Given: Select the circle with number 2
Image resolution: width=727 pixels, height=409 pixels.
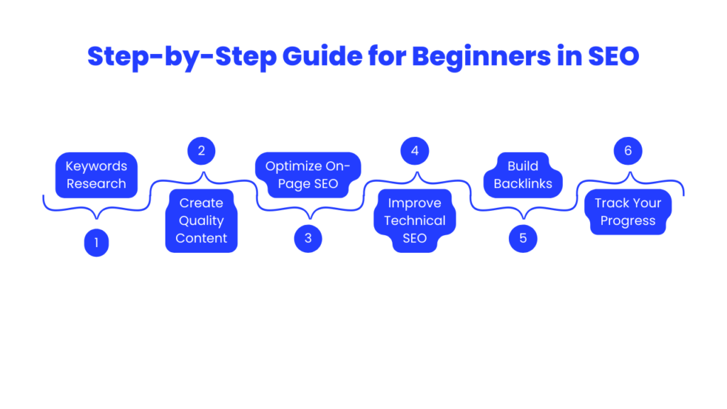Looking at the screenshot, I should click(202, 151).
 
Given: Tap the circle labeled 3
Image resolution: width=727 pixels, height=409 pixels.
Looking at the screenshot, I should click(308, 239).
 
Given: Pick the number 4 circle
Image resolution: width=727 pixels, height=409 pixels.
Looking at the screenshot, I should click(415, 151).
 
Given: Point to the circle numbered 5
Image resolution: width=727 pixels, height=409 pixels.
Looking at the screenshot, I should click(523, 239).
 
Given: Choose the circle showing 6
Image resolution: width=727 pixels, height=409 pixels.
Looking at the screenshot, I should click(628, 151).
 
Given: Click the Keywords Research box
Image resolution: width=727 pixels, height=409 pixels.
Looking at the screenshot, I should click(97, 175).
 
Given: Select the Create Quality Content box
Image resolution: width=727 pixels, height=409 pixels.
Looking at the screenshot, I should click(202, 221).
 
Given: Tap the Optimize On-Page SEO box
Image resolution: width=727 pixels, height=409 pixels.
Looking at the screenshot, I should click(308, 175).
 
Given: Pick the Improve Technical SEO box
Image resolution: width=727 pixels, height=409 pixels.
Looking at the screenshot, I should click(415, 221).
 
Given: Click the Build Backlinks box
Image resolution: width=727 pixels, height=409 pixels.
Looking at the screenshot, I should click(523, 175).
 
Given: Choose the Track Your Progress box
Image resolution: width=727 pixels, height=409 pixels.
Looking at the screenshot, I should click(628, 212).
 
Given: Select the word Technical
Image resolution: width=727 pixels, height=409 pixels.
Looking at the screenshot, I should click(415, 221).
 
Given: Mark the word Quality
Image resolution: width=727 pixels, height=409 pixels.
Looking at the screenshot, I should click(202, 221).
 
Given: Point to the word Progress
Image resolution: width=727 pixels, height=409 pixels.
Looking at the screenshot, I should click(628, 221).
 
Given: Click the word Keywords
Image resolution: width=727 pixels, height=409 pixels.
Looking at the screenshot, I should click(97, 166).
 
